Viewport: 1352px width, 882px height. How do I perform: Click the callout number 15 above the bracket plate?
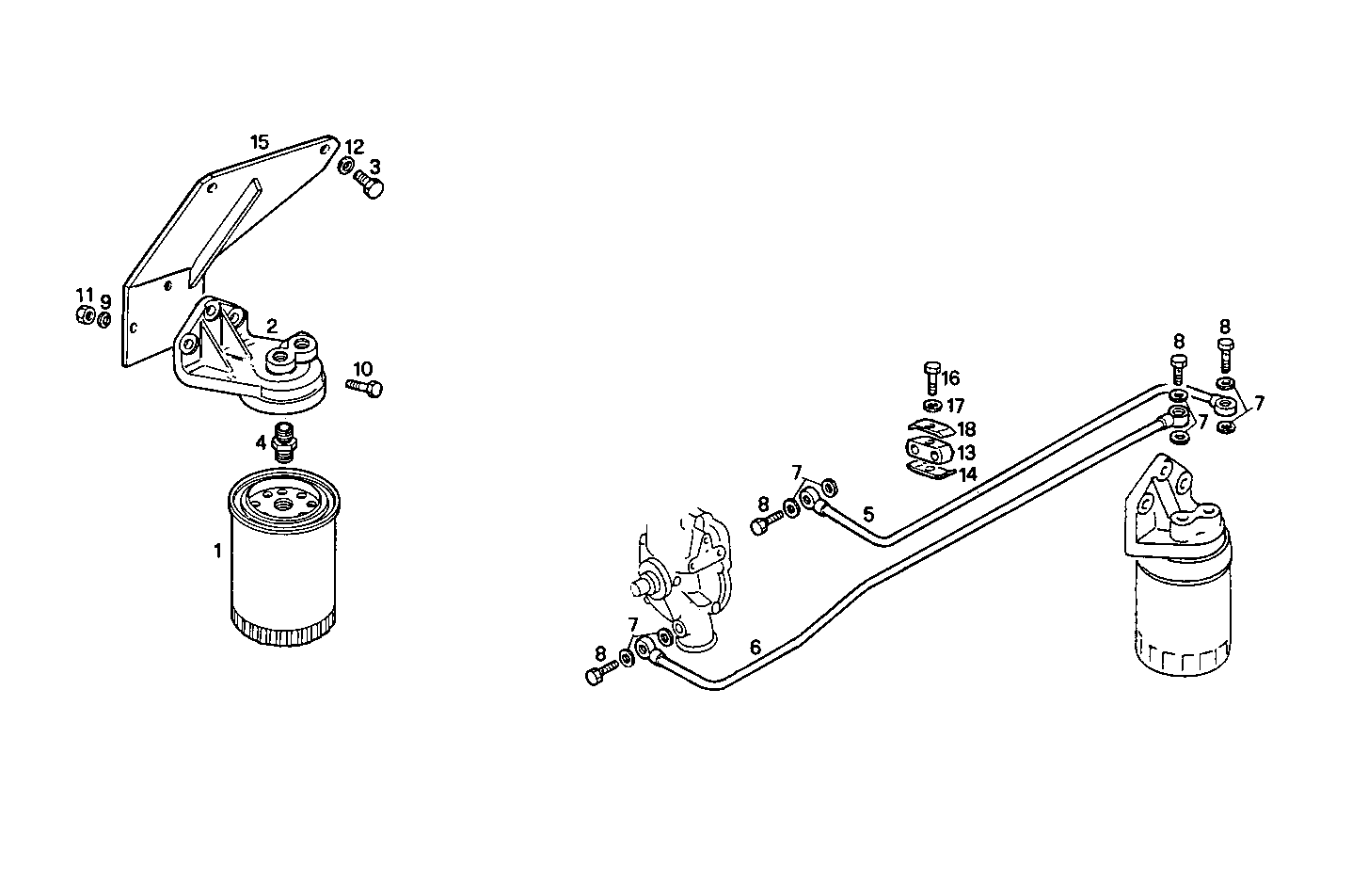tap(260, 142)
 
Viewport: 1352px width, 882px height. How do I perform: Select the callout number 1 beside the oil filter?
tap(217, 551)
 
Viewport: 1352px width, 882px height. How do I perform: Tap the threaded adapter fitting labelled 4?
tap(281, 442)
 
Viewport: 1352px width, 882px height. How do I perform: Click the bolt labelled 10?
tap(365, 387)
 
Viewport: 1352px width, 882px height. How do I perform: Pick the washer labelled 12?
tap(345, 167)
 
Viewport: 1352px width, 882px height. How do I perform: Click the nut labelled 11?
tap(84, 315)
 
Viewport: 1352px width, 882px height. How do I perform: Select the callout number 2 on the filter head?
tap(271, 326)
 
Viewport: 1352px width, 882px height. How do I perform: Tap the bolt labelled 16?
tap(931, 377)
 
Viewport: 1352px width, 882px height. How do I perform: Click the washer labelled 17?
tap(931, 406)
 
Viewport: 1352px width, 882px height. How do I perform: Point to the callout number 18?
tap(966, 429)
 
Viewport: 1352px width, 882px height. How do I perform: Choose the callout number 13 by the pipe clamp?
tap(966, 454)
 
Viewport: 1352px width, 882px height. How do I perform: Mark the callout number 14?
tap(968, 474)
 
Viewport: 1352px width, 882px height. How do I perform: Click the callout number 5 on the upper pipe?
tap(868, 514)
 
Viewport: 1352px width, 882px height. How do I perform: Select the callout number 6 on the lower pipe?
tap(756, 647)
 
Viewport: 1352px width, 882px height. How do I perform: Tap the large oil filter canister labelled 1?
tap(282, 565)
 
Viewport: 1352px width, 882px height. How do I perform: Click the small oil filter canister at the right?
tap(1182, 617)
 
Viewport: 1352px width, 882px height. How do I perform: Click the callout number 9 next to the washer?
tap(106, 301)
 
